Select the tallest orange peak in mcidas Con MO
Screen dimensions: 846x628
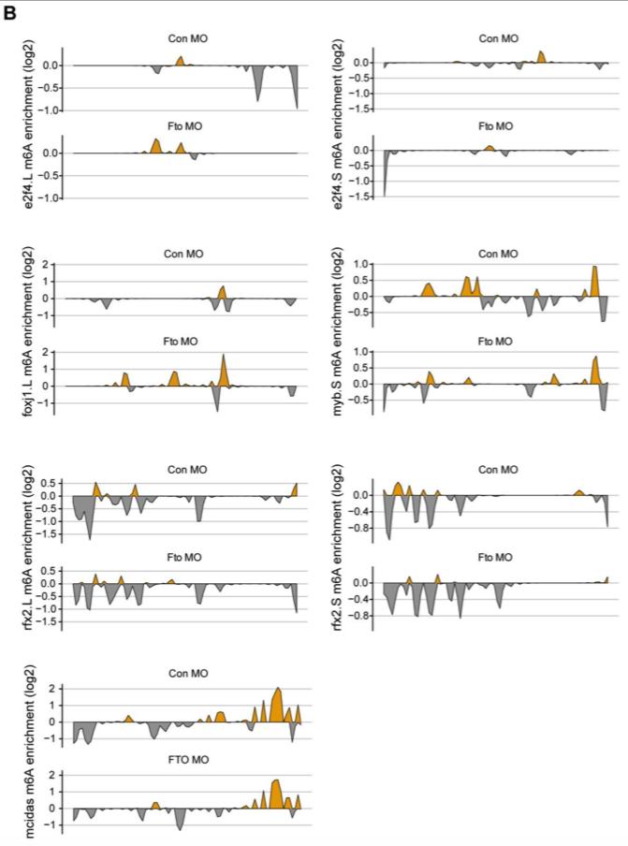277,691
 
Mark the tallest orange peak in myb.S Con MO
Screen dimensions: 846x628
595,269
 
